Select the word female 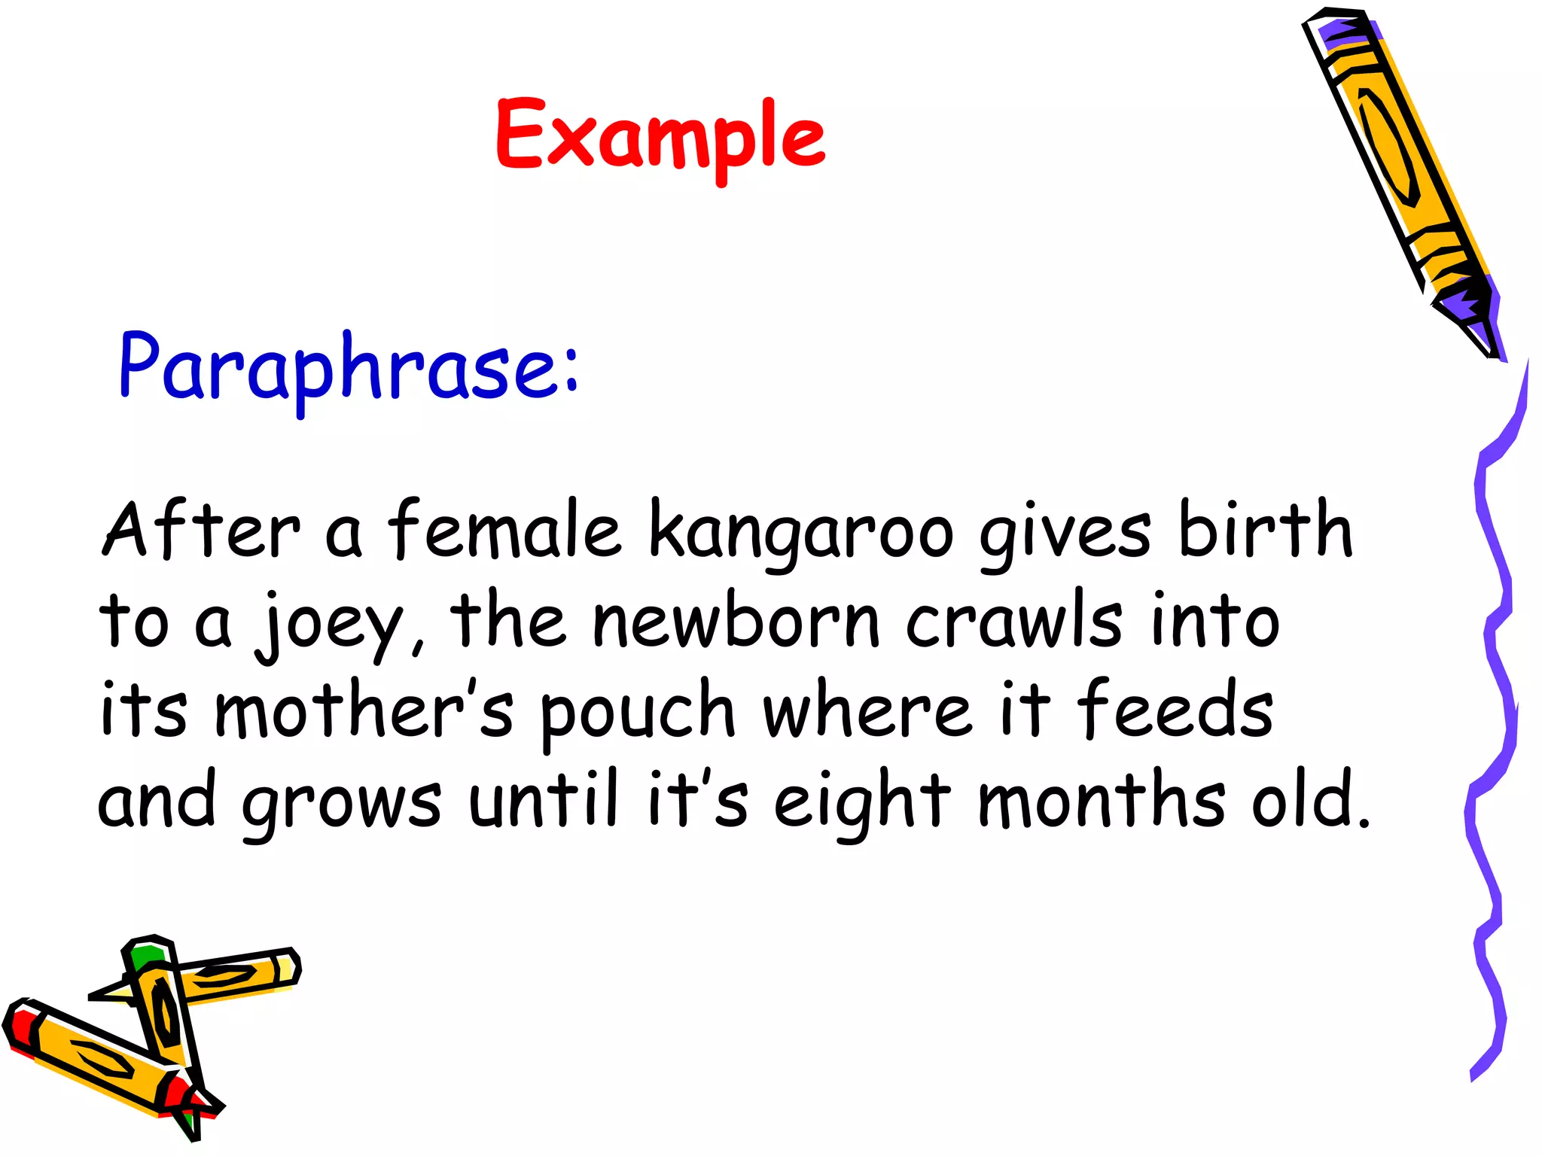[x=504, y=530]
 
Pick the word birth [x=1266, y=530]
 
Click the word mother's [x=364, y=710]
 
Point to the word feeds [x=1175, y=710]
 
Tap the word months [x=1102, y=801]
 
